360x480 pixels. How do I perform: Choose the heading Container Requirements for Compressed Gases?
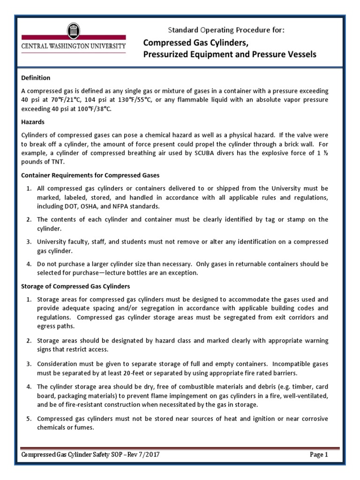(x=91, y=175)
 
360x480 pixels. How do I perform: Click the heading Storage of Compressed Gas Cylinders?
(x=76, y=285)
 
